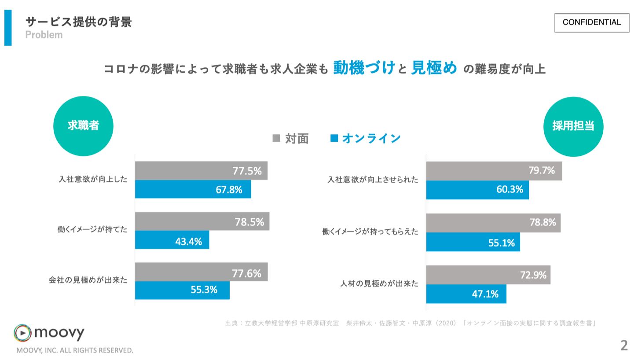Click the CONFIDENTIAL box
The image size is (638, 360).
[x=592, y=22]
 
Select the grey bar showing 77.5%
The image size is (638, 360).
[x=201, y=171]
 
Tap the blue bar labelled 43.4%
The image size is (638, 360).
[x=172, y=240]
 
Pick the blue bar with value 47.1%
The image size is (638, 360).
[x=466, y=294]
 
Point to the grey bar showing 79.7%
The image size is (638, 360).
[x=494, y=171]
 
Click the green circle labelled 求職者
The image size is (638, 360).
[x=83, y=126]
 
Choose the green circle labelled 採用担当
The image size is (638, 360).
[x=573, y=126]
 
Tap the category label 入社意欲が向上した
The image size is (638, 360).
[x=93, y=180]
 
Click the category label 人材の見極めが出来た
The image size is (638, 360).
[x=379, y=284]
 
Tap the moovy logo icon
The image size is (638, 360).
[x=22, y=333]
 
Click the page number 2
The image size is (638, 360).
[x=624, y=345]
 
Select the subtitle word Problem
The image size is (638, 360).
[x=44, y=35]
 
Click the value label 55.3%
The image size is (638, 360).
[x=204, y=290]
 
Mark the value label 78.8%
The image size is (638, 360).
[x=543, y=223]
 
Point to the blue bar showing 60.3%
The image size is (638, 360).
[x=477, y=190]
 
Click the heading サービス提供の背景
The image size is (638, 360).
[x=79, y=22]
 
